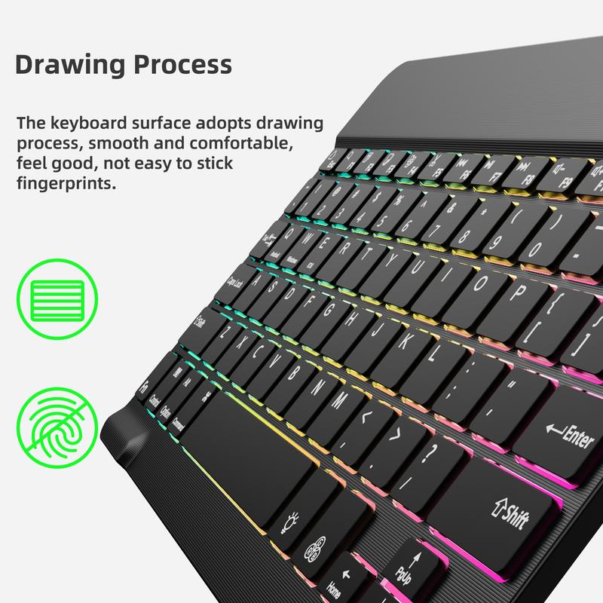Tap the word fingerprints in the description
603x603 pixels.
(66, 183)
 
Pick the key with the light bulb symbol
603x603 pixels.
(290, 520)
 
